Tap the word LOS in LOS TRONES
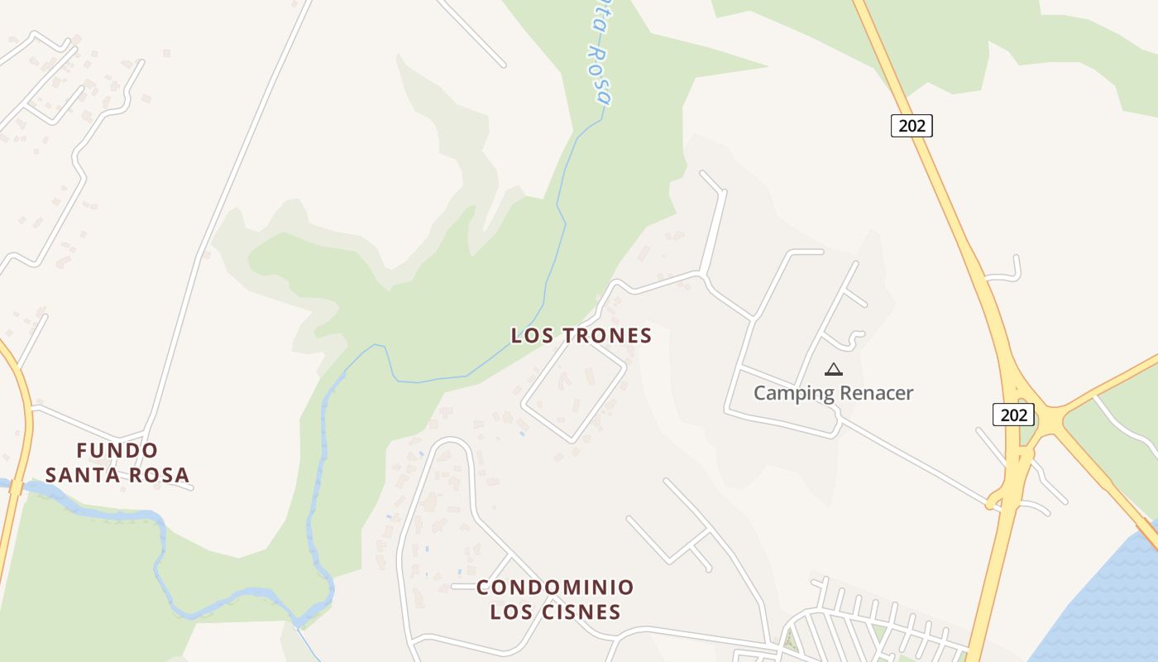click(530, 335)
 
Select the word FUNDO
click(117, 450)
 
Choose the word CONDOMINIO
click(555, 588)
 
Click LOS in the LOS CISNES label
click(510, 612)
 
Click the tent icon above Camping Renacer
click(834, 369)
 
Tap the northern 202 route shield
click(912, 126)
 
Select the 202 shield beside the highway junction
click(1013, 415)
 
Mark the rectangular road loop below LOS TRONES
click(573, 389)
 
